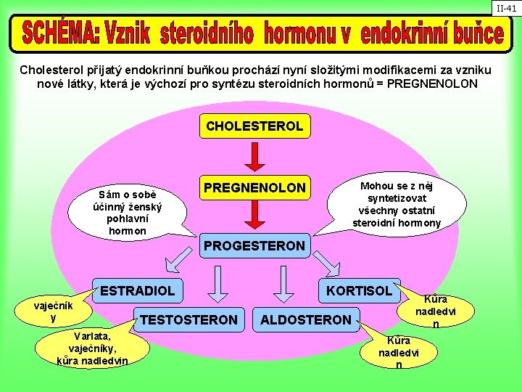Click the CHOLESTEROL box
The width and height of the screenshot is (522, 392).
pos(254,126)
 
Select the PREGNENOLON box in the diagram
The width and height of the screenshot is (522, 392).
pos(254,188)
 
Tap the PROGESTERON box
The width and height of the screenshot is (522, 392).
pos(254,245)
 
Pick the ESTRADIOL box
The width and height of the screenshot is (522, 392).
pos(137,290)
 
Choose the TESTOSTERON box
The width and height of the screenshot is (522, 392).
pos(188,319)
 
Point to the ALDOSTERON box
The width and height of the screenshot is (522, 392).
pos(305,319)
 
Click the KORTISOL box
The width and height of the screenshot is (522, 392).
pos(359,290)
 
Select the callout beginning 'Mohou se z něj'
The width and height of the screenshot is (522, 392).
pos(397,204)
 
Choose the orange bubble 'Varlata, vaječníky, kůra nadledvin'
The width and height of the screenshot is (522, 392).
pos(92,348)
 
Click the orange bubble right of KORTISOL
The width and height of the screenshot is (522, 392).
pos(435,311)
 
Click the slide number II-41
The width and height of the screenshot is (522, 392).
pos(506,8)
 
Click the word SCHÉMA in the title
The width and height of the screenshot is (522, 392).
pos(62,33)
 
